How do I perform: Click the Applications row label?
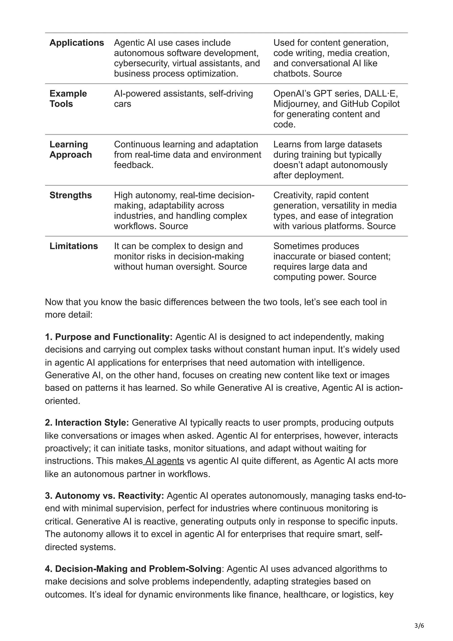77,43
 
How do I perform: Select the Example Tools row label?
68,99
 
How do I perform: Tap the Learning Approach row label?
70,149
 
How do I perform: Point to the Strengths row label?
70,195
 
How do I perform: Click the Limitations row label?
73,246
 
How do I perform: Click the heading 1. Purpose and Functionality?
109,337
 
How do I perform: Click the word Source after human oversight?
232,267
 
